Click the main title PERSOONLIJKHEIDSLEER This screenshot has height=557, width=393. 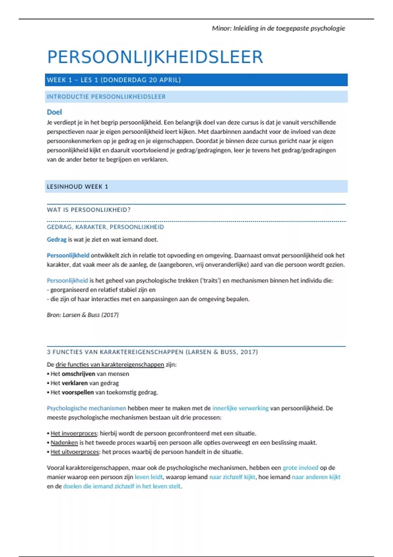155,57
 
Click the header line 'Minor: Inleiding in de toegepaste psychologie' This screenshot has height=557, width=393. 278,29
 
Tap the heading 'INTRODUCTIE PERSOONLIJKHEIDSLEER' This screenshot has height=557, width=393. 106,97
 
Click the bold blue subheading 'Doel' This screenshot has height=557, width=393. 54,112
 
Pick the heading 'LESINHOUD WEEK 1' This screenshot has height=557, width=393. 77,187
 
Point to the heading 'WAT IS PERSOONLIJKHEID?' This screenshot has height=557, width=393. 88,210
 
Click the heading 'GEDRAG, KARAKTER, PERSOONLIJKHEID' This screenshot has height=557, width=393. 105,227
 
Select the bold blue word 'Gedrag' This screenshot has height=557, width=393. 57,240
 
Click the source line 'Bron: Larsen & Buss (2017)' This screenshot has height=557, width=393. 83,315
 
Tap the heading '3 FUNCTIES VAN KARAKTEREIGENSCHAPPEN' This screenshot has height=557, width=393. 152,352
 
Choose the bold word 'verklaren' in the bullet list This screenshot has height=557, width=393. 74,383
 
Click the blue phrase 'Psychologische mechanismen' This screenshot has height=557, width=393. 86,408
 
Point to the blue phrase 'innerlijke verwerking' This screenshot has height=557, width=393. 240,408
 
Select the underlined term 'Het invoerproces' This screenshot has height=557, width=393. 74,433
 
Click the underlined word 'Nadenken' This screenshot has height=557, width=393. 64,443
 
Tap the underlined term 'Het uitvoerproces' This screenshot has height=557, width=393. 75,452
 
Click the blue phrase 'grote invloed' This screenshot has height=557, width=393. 300,468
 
